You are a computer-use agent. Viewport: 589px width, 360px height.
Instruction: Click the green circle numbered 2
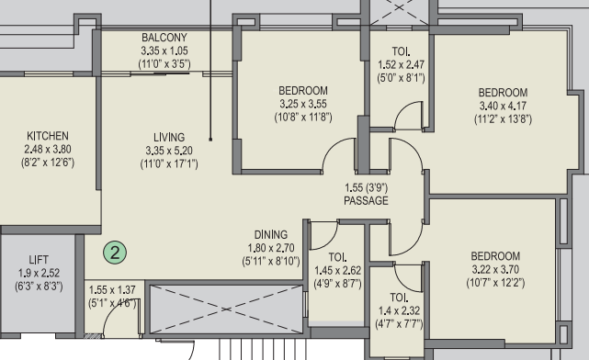(115, 253)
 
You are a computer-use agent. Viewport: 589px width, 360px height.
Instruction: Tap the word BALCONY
(164, 38)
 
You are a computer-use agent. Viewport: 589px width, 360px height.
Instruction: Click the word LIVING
(169, 137)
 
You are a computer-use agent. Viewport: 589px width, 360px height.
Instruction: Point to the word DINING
(271, 234)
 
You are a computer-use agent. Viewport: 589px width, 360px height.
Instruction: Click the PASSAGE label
(366, 200)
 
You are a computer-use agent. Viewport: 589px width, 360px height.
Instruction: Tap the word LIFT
(39, 260)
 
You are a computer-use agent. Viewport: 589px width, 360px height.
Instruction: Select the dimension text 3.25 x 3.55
(303, 104)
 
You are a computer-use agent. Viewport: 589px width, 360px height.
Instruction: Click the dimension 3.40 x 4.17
(503, 106)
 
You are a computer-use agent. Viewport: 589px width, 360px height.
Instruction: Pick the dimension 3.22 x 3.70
(495, 269)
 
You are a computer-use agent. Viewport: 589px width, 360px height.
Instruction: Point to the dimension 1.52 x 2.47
(402, 64)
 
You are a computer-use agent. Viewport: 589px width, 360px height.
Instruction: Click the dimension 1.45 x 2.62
(338, 271)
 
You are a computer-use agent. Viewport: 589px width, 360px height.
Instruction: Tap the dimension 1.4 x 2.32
(399, 310)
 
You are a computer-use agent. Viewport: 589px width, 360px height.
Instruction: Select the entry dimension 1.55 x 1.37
(112, 290)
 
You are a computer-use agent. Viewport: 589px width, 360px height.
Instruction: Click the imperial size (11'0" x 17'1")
(169, 164)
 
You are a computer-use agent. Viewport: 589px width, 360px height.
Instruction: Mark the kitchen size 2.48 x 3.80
(48, 149)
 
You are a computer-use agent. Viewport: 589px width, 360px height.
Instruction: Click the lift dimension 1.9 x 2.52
(39, 273)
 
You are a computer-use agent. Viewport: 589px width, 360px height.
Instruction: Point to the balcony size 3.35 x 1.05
(164, 51)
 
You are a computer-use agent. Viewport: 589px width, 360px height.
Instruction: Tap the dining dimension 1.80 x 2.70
(271, 248)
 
